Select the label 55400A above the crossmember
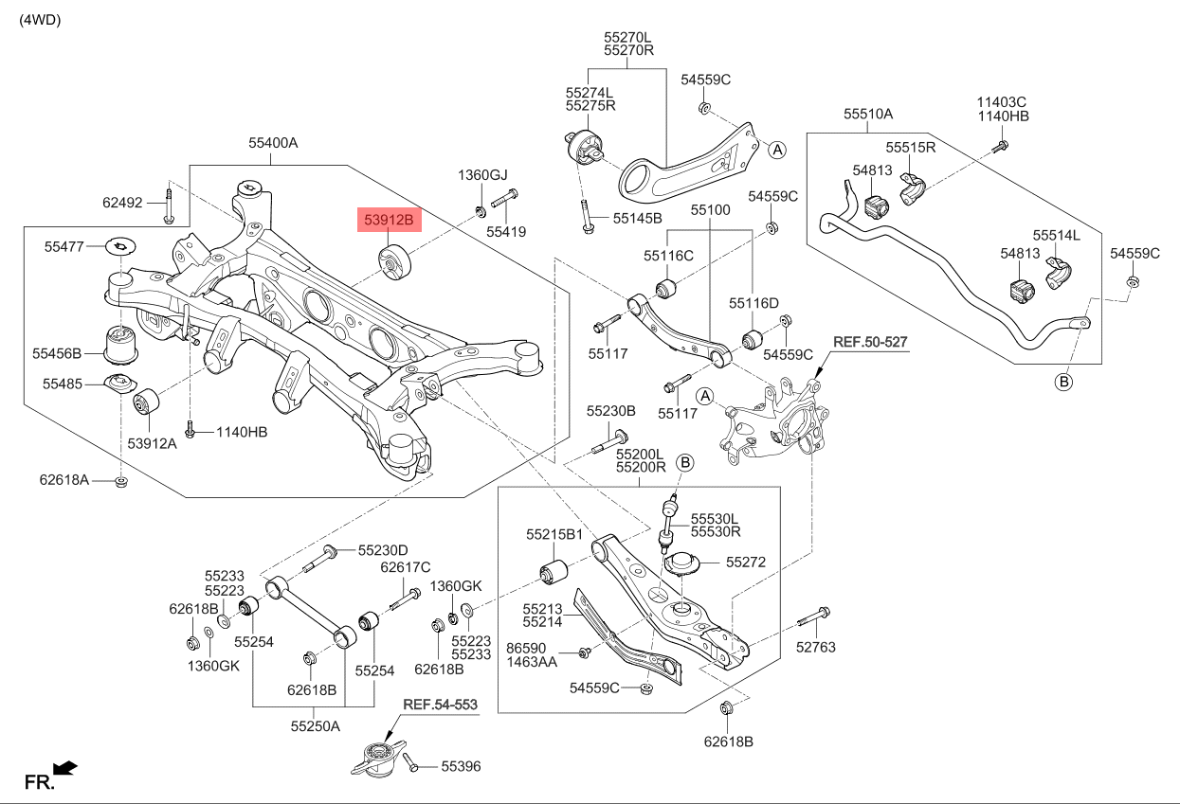coord(273,143)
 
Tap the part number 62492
coord(122,202)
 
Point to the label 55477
coord(64,246)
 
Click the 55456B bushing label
coord(57,353)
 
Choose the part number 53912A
coord(152,442)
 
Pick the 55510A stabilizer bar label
coord(868,114)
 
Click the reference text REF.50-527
coord(871,341)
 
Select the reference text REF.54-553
coord(440,705)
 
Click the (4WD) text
coord(40,20)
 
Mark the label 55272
coord(746,562)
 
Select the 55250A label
coord(315,726)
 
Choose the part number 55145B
coord(637,218)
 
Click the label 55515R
coord(911,148)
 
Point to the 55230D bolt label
coord(383,550)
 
